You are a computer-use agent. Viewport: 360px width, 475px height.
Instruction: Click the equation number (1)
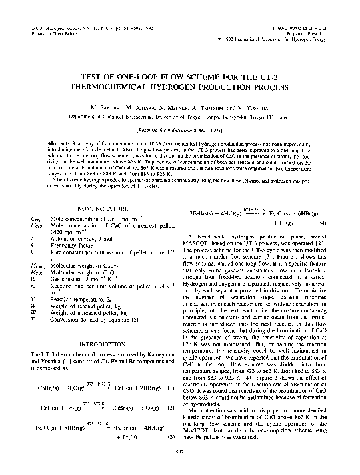(x=171, y=388)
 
